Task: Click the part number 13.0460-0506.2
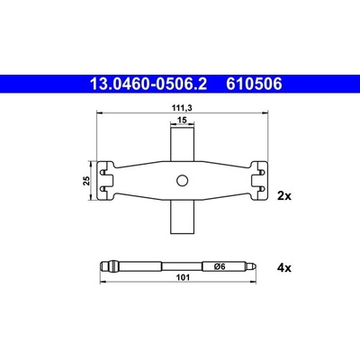click(x=148, y=84)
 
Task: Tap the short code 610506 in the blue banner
click(x=254, y=84)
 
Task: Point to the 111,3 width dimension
click(x=182, y=108)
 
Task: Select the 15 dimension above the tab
click(x=182, y=120)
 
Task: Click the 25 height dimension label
click(x=87, y=181)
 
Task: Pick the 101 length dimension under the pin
click(x=183, y=277)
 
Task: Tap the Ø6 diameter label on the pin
click(x=220, y=266)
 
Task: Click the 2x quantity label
click(x=284, y=196)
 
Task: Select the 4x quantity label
click(x=284, y=267)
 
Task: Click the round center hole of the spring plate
click(x=182, y=181)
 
